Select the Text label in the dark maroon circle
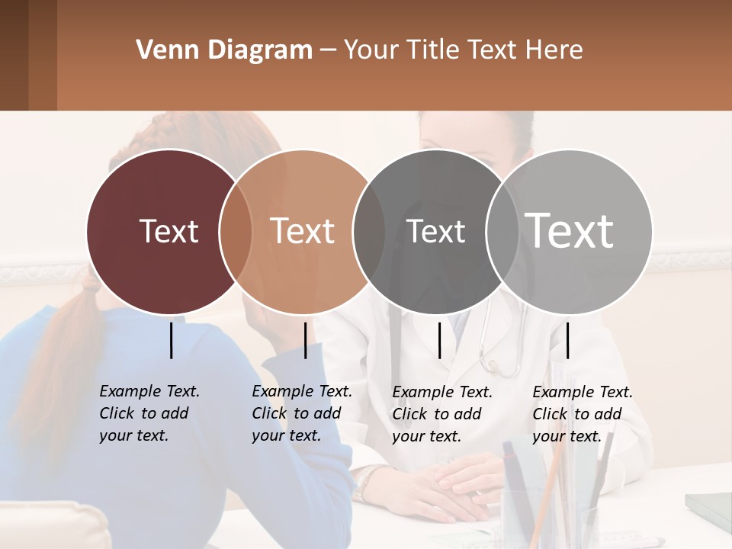(x=169, y=231)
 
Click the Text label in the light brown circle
(x=302, y=231)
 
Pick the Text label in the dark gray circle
(x=435, y=231)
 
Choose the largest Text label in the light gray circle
(x=570, y=230)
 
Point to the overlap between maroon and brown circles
(x=236, y=231)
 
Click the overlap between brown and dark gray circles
(x=369, y=231)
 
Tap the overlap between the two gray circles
(x=502, y=231)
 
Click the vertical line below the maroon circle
(x=172, y=340)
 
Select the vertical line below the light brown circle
(x=305, y=340)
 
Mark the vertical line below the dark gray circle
(x=439, y=340)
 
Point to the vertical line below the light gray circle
(x=567, y=340)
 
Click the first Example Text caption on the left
(x=149, y=413)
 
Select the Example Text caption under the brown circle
(x=301, y=413)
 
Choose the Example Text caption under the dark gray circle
(x=441, y=414)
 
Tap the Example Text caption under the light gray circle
(x=582, y=414)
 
